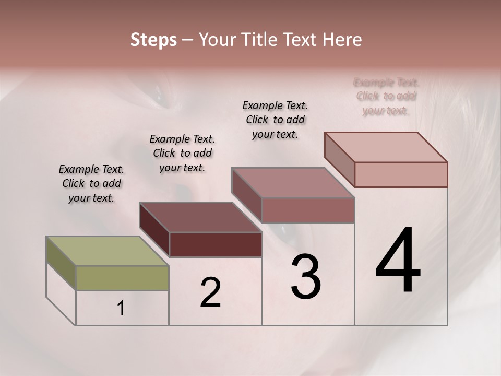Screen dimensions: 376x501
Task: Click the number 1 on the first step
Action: pos(121,309)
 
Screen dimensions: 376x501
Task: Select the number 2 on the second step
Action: pos(210,292)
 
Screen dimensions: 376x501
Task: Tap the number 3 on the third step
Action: pos(306,277)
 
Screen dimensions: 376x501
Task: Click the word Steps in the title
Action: pos(153,40)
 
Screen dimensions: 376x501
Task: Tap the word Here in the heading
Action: pos(342,40)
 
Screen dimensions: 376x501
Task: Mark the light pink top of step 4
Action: pos(386,147)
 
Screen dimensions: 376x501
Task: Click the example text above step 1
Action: pos(91,183)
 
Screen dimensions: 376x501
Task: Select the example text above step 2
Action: pos(182,153)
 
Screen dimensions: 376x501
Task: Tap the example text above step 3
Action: pos(275,120)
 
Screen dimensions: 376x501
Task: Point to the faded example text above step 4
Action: pos(386,96)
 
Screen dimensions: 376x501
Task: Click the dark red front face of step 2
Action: pos(216,244)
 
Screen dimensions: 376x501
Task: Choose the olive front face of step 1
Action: pos(122,278)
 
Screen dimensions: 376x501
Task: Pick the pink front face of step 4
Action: pos(401,174)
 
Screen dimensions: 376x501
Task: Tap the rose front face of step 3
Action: pos(308,210)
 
